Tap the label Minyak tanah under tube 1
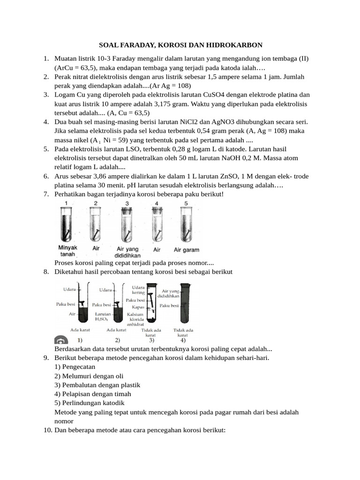[67, 250]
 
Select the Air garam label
[187, 250]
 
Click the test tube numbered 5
[186, 224]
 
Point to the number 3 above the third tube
[127, 203]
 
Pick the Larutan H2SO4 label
[103, 316]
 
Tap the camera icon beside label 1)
[60, 340]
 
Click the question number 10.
[47, 430]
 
